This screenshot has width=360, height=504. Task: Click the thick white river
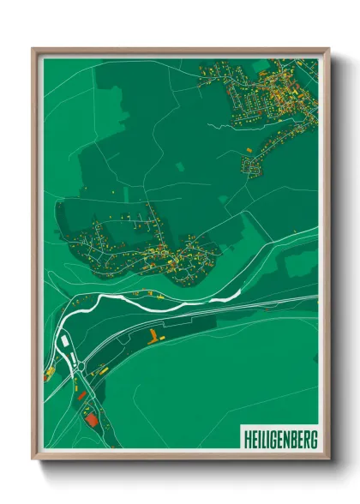pyautogui.click(x=154, y=297)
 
